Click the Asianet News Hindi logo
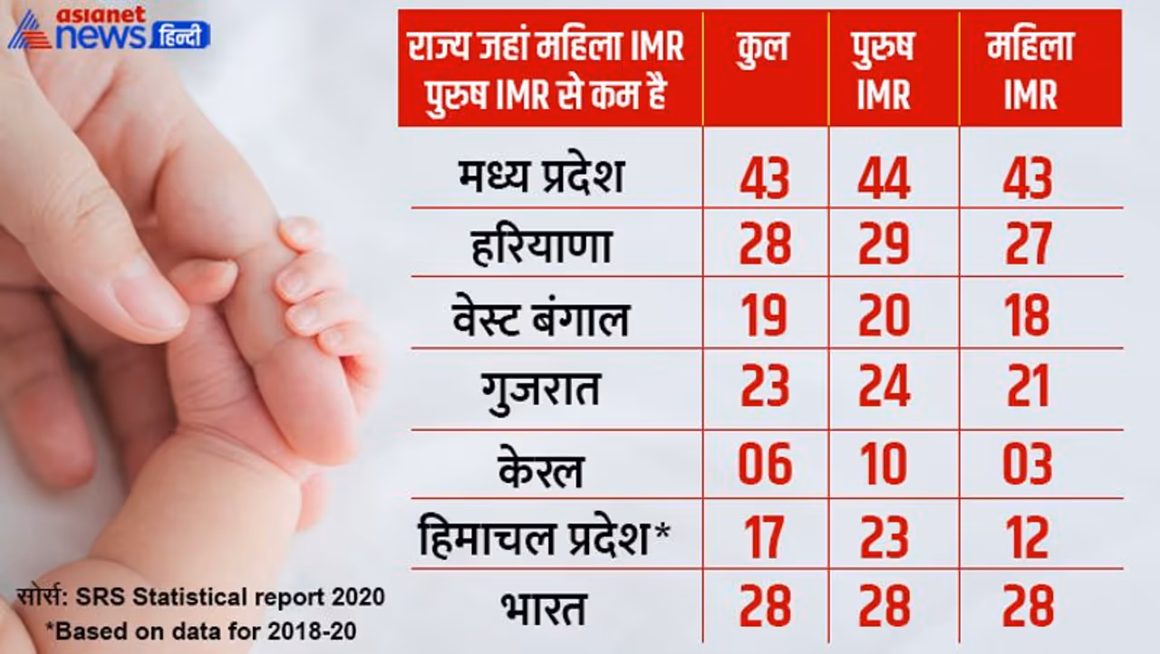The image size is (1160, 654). click(x=109, y=29)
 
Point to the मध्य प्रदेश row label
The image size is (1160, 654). click(x=541, y=177)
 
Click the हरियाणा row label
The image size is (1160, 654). click(x=542, y=245)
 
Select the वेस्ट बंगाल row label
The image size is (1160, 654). click(x=541, y=317)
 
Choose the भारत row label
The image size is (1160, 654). click(x=541, y=607)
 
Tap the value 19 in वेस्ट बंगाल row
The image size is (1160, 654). click(x=764, y=317)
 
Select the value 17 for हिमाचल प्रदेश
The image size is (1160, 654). click(x=764, y=538)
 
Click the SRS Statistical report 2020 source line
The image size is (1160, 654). click(x=200, y=598)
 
